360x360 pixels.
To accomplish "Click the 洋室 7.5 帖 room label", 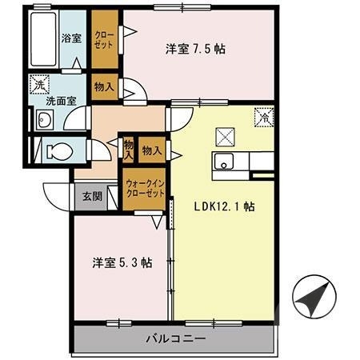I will coord(194,49).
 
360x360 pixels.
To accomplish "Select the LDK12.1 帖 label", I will coord(225,205).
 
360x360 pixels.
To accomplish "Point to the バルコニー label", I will coord(176,338).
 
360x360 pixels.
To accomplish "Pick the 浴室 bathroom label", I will coord(74,37).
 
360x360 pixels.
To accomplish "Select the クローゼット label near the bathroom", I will coord(103,39).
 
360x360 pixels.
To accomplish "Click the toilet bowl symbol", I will coord(57,150).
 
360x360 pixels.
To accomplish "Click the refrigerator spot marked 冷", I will coord(262,118).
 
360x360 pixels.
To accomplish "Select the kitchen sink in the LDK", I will coord(225,162).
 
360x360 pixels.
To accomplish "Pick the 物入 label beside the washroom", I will coord(102,86).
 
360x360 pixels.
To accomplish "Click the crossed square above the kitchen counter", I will coord(225,134).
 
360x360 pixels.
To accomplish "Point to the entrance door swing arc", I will coord(58,194).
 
